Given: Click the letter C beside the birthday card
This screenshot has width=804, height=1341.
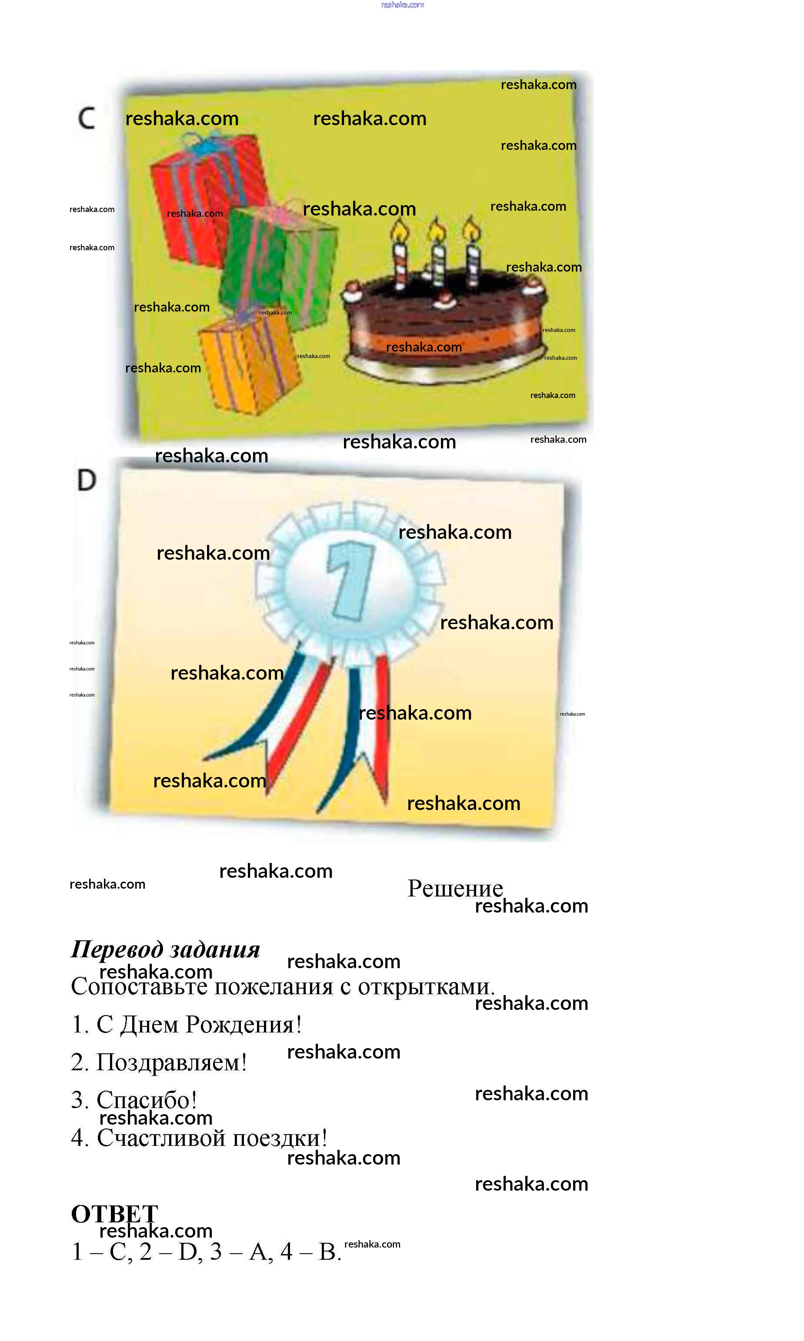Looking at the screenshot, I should click(x=86, y=118).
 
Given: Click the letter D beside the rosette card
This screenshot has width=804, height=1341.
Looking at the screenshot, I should click(x=86, y=480).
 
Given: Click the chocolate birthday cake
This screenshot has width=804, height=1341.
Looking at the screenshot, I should click(x=444, y=325).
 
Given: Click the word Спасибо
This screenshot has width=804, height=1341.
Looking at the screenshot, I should click(x=146, y=1101).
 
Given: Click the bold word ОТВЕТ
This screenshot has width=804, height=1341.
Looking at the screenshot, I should click(x=114, y=1214).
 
